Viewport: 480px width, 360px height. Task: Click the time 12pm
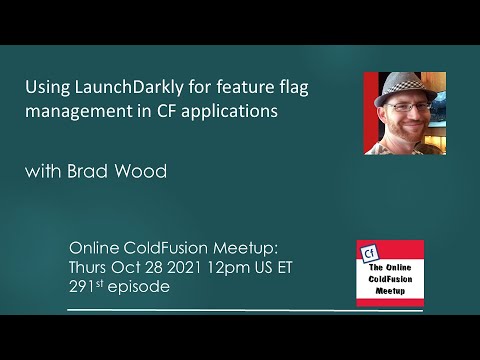pyautogui.click(x=216, y=267)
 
